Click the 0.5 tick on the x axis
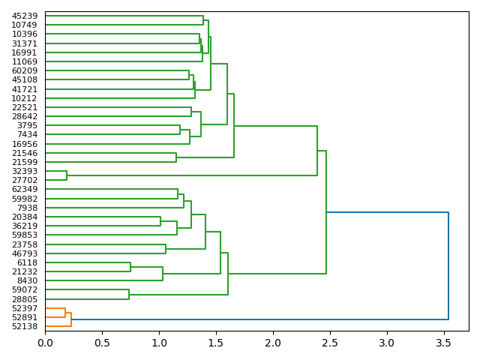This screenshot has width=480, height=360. coord(102,331)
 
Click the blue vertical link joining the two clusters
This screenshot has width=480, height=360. coord(448,265)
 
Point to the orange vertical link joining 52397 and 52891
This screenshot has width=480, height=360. coord(65,313)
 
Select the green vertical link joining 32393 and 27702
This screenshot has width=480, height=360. coord(67,175)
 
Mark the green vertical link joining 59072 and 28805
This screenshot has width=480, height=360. coord(129,295)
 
